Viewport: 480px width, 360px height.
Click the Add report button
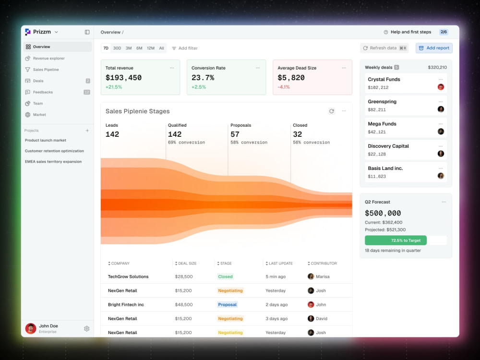tap(434, 48)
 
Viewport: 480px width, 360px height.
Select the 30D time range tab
tap(117, 48)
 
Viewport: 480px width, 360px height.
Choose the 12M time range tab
tap(151, 48)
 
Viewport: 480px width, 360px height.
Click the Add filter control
tap(185, 48)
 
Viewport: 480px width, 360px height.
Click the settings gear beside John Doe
tap(86, 328)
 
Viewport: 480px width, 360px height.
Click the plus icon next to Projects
tap(87, 131)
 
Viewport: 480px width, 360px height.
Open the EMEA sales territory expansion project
tap(53, 162)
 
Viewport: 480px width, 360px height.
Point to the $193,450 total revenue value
tap(124, 78)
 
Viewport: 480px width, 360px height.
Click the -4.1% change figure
tap(284, 87)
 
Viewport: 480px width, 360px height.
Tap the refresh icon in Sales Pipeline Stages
tap(332, 111)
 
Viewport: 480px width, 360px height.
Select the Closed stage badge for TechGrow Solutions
tap(225, 276)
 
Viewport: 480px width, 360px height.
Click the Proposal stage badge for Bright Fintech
tap(228, 305)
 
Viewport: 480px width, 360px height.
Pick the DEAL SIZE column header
tap(186, 263)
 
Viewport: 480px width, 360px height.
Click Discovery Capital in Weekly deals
tap(388, 146)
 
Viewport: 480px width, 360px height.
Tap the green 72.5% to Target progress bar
tap(396, 240)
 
